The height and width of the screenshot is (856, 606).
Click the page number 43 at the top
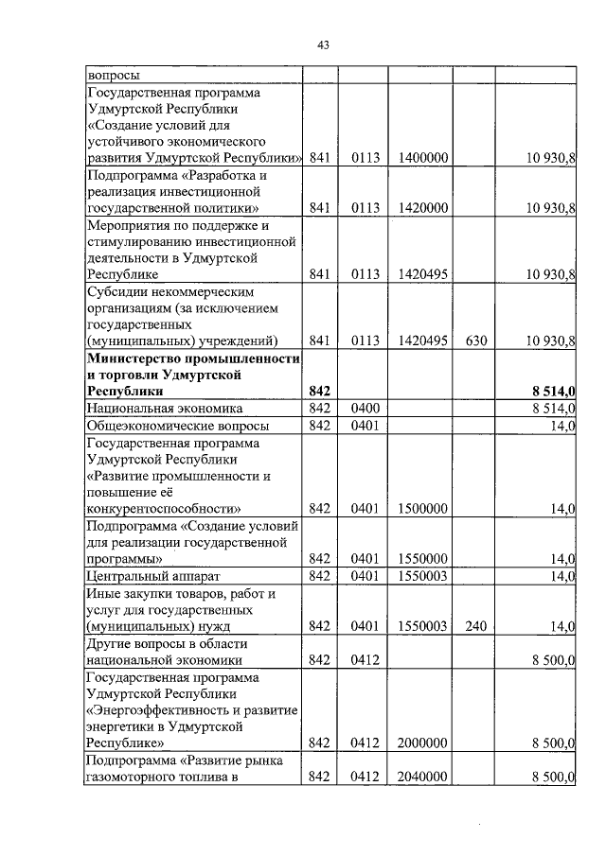coord(323,44)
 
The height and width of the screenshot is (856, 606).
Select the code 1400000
coord(423,158)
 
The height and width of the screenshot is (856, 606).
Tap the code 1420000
coord(423,207)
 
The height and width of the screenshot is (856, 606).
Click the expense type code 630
coord(475,341)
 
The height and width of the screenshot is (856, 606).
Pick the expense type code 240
coord(475,625)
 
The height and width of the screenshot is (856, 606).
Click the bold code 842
coord(319,391)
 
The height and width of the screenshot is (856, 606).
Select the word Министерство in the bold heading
coord(132,358)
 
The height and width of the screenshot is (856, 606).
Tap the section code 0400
coord(365,409)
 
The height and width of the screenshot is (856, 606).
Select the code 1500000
coord(423,509)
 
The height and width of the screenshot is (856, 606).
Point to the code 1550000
coord(423,558)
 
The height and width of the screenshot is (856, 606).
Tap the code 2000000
coord(423,744)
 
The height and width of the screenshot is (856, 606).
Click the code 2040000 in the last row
coord(423,777)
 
